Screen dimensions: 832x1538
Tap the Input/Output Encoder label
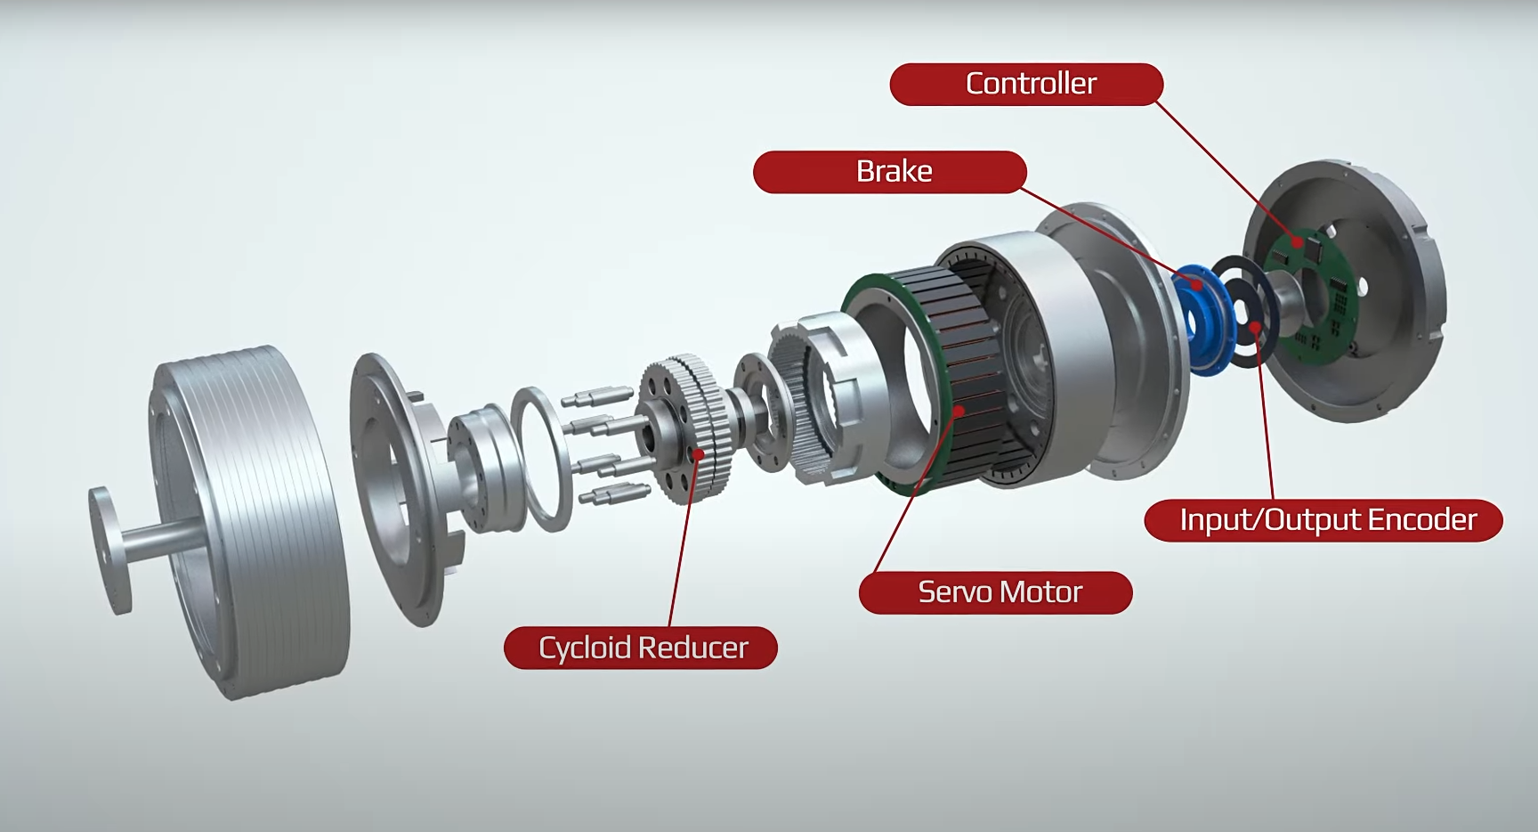pyautogui.click(x=1323, y=520)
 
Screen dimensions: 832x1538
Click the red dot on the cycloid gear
pyautogui.click(x=700, y=454)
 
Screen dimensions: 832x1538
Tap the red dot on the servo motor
pyautogui.click(x=959, y=411)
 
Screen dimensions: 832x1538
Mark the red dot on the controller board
pyautogui.click(x=1298, y=241)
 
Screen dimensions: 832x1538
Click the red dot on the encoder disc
pyautogui.click(x=1255, y=327)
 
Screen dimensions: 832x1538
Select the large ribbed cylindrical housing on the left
pyautogui.click(x=258, y=517)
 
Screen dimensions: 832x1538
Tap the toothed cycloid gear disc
pyautogui.click(x=685, y=428)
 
